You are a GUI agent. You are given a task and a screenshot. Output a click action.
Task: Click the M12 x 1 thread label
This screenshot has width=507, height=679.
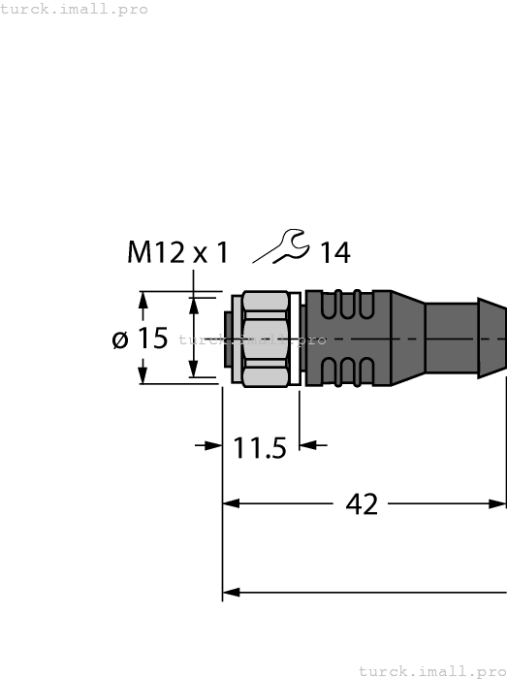click(x=178, y=253)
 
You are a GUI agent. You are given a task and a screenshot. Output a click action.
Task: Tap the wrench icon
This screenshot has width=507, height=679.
click(x=281, y=247)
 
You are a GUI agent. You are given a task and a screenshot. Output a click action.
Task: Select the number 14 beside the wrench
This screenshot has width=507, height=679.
click(x=334, y=253)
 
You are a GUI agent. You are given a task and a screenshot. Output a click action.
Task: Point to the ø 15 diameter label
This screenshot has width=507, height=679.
click(x=140, y=339)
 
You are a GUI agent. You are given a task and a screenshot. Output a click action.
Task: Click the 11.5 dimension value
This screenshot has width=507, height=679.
click(x=260, y=448)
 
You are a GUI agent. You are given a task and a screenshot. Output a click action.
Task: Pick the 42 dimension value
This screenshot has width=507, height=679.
click(x=362, y=504)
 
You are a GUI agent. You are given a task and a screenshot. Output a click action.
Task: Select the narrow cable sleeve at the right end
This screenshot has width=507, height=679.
click(x=465, y=339)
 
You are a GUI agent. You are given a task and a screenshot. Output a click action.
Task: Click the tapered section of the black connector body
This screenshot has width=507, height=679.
click(x=407, y=339)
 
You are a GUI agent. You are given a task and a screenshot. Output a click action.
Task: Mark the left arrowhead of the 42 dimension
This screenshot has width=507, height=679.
click(x=231, y=503)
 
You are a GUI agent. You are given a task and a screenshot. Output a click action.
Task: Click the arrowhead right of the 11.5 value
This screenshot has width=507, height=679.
click(x=307, y=445)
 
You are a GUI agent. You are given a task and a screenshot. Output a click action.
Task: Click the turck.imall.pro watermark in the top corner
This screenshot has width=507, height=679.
click(x=74, y=9)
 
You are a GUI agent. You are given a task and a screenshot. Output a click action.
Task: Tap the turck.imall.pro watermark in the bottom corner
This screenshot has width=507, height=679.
click(x=432, y=670)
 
